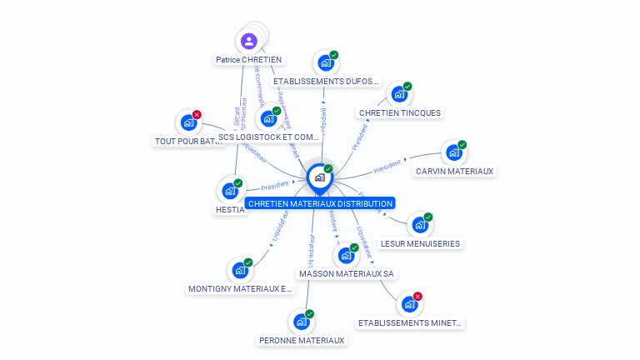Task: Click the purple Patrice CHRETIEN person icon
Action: coord(248,41)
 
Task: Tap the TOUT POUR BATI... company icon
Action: coord(188,123)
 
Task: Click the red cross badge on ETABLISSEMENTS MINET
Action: coord(417,297)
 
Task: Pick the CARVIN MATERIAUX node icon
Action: coord(452,153)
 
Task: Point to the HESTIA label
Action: coord(230,210)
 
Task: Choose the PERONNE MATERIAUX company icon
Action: coord(301,322)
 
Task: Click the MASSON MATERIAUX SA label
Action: coord(347,273)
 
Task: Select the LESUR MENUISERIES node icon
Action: coord(418,225)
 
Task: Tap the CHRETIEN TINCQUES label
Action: coord(399,113)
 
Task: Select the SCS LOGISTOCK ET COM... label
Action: coord(268,137)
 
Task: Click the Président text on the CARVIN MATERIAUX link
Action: coord(387,165)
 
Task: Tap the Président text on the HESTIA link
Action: coord(274,186)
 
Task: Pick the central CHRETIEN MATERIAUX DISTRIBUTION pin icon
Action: coord(319,177)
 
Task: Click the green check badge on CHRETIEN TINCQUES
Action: coord(407,87)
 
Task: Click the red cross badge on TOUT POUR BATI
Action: coord(197,115)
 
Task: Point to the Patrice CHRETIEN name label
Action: coord(248,60)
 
